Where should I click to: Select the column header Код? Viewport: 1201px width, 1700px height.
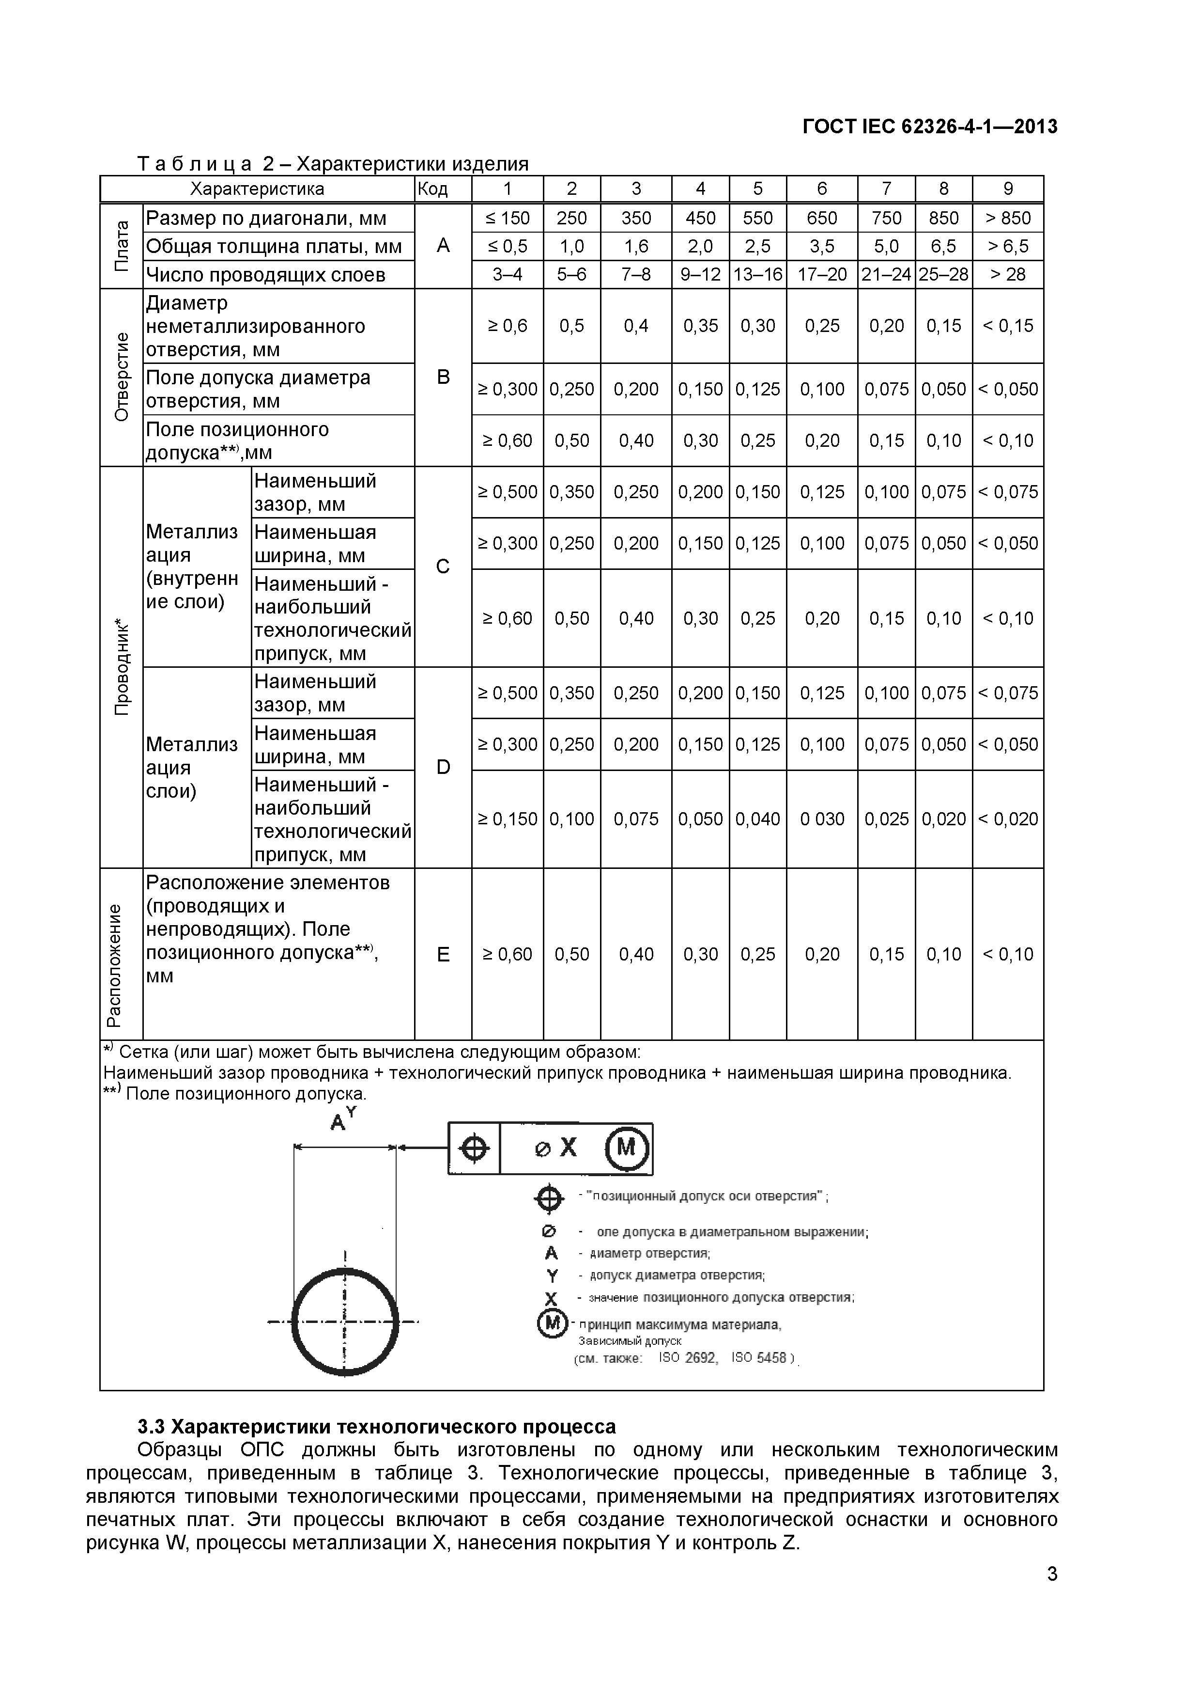(433, 189)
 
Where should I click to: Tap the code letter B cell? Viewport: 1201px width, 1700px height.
(443, 377)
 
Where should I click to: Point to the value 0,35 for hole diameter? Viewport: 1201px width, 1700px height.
(700, 326)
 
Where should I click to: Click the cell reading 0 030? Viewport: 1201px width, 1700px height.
(821, 819)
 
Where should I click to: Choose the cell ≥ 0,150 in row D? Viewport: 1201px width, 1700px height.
(508, 819)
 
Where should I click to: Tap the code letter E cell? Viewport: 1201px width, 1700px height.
(443, 954)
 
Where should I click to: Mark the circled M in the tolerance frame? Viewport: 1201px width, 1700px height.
(627, 1149)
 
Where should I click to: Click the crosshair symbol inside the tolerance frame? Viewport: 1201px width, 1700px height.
(474, 1149)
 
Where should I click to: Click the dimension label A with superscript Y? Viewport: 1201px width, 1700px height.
(342, 1119)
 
